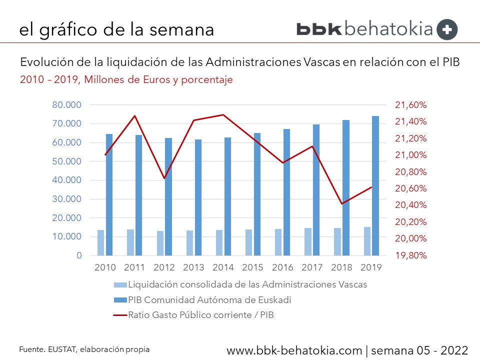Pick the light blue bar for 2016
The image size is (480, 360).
coord(278,242)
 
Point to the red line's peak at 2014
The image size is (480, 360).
coord(223,115)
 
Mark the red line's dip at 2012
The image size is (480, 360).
coord(164,178)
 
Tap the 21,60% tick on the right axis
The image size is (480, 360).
coord(411,105)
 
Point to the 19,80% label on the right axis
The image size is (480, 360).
coord(411,255)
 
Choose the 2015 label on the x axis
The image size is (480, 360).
coord(253,267)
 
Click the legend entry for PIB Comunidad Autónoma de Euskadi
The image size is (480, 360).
coord(209,300)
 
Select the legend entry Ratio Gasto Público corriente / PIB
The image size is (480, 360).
coord(201,315)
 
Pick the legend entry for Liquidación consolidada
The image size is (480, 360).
coord(247,285)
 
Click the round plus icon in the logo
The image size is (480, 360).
coord(447,29)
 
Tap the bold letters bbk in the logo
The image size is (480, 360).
coord(319,29)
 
